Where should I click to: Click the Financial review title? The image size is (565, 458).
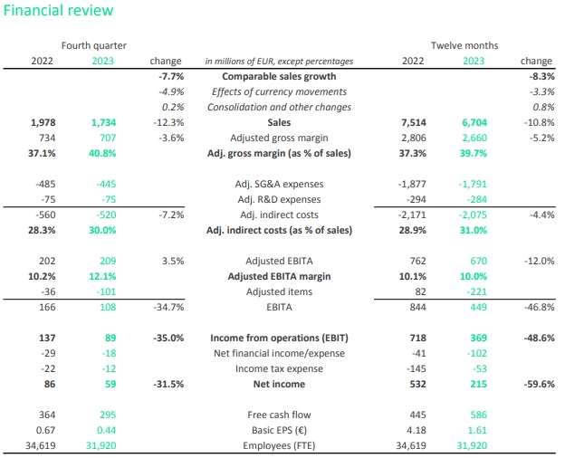58,11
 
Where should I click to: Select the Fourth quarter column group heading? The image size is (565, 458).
93,45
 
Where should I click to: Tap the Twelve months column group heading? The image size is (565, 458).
464,45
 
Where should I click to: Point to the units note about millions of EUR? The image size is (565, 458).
279,62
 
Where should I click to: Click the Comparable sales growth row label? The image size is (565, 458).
279,77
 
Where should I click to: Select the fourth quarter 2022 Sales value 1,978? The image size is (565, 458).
43,122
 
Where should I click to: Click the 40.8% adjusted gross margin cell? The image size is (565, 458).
103,153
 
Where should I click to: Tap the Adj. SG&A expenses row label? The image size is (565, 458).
279,184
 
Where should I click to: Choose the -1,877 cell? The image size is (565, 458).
413,184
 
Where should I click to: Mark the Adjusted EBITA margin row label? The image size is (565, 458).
279,276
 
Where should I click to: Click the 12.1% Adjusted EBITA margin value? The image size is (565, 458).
103,276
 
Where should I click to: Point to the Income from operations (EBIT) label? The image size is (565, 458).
279,338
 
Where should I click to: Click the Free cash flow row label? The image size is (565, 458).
279,415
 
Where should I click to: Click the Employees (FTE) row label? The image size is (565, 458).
279,445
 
